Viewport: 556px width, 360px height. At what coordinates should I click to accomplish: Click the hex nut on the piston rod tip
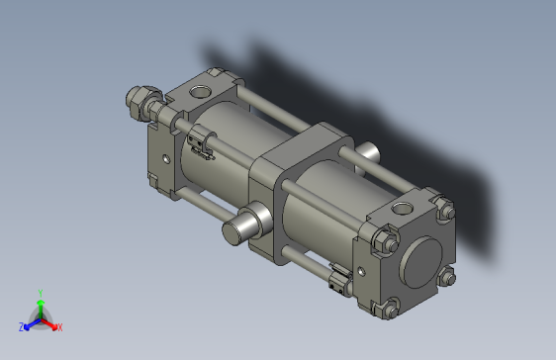(139, 102)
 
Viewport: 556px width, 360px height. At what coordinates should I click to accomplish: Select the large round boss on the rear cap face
(422, 262)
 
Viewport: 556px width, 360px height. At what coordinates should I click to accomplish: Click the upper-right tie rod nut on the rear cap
(443, 210)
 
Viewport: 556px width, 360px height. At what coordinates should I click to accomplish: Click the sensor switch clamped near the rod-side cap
(202, 145)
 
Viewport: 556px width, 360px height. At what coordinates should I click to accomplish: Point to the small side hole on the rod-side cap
(165, 155)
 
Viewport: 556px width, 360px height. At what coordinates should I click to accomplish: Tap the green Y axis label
(40, 293)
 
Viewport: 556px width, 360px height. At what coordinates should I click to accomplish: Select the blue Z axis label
(22, 325)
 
